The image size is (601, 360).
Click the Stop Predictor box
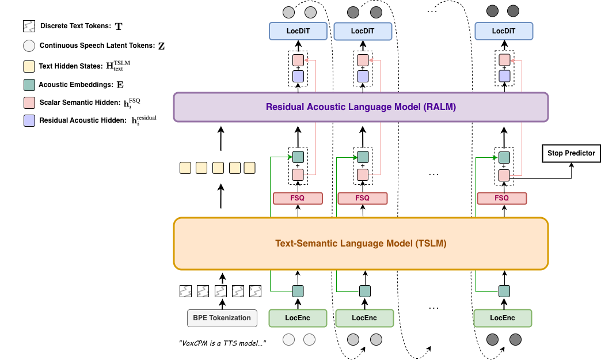[571, 153]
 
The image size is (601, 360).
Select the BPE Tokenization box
[222, 318]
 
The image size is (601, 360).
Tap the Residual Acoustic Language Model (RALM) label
[361, 107]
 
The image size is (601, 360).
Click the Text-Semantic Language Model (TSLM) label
[361, 244]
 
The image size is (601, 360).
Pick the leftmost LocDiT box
[298, 31]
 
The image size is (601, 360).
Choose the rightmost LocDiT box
[504, 31]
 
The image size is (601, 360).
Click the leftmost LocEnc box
[298, 318]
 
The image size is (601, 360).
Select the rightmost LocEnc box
[503, 318]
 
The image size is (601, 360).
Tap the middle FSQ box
[362, 198]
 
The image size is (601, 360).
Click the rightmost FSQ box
[502, 198]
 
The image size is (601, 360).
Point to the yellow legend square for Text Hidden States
[29, 66]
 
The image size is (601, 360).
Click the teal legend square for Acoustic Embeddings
[29, 85]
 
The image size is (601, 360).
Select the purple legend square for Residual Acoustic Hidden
[29, 120]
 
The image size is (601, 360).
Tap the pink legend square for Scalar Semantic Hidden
[29, 103]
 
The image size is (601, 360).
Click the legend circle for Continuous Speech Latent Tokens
[29, 46]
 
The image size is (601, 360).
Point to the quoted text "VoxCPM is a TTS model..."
[222, 343]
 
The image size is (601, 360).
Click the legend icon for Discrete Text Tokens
[29, 26]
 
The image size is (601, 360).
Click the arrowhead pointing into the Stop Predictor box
[572, 165]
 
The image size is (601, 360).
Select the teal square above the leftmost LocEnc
[298, 291]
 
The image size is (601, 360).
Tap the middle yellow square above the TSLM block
[218, 168]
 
